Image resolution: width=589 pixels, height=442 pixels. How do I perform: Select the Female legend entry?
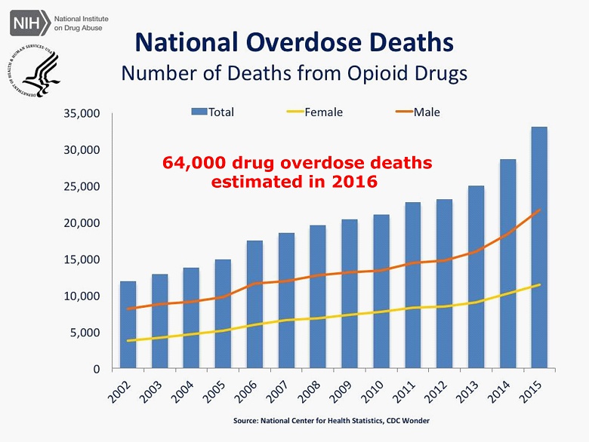(314, 112)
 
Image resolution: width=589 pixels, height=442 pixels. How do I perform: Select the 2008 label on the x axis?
(313, 388)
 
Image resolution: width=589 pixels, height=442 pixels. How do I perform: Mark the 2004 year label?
(187, 388)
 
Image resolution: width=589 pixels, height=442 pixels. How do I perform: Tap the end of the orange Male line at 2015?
(538, 210)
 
